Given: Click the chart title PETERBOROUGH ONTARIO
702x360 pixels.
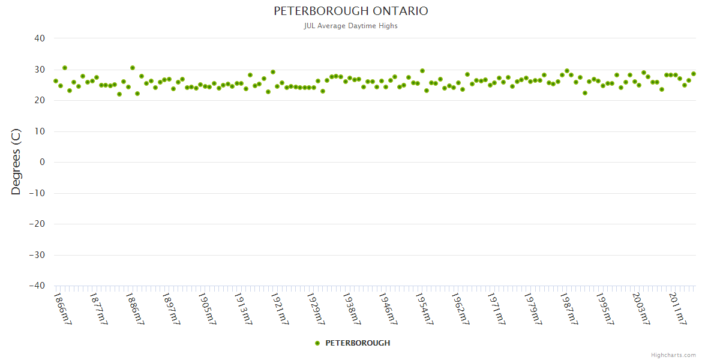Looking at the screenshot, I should click(x=351, y=11).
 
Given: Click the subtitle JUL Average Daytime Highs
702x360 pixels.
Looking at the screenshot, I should click(x=351, y=26).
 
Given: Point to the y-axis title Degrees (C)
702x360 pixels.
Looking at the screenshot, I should click(x=16, y=161).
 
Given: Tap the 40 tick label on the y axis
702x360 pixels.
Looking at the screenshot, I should click(x=40, y=38).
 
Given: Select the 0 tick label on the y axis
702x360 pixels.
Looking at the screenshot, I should click(x=42, y=162).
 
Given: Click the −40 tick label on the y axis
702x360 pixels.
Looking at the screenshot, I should click(x=37, y=286).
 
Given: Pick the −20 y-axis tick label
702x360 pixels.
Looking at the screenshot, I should click(x=37, y=224).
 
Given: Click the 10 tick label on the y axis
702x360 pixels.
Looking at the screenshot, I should click(x=40, y=131).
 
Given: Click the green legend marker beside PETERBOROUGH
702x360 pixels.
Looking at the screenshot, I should click(x=317, y=343).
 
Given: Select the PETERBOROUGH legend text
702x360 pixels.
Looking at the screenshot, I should click(x=358, y=343).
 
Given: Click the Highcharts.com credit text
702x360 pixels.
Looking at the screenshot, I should click(x=673, y=355).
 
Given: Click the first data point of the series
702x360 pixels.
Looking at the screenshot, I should click(x=56, y=81).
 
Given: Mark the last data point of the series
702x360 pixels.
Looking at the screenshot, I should click(x=694, y=74).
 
